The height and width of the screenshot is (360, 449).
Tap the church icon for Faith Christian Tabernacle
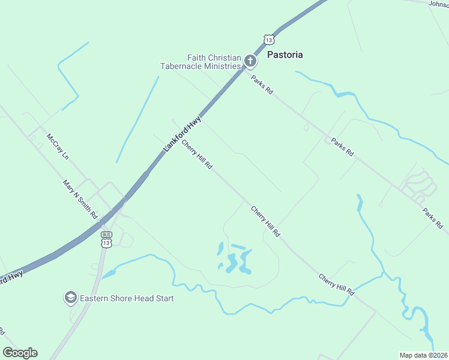click(x=250, y=61)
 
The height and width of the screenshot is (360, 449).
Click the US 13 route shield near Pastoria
click(x=269, y=40)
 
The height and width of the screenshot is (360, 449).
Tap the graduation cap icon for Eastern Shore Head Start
click(x=71, y=298)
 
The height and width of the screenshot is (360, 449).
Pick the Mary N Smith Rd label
click(x=80, y=199)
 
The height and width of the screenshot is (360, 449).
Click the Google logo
click(x=20, y=353)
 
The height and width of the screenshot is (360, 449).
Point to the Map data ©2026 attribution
click(x=424, y=355)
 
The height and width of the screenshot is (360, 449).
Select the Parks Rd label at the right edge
click(x=432, y=218)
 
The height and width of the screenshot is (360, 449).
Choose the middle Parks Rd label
click(x=343, y=148)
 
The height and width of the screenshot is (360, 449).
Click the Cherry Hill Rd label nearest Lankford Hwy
click(x=197, y=154)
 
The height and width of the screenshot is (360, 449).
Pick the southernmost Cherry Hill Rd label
click(x=337, y=285)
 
